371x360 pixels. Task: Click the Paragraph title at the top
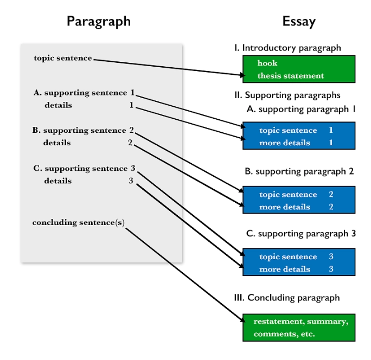pos(98,21)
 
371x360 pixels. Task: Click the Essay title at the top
pos(299,21)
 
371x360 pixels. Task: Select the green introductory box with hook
pos(298,69)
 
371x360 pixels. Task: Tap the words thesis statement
pos(290,76)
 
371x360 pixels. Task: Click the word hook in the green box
pos(267,63)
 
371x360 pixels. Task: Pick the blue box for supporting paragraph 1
pos(298,136)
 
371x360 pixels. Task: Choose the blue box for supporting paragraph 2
pos(298,200)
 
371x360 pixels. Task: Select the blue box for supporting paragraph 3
pos(298,262)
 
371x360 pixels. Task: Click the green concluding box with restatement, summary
pos(298,327)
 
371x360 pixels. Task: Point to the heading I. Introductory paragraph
pos(287,48)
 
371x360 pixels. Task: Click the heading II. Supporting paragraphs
pos(287,95)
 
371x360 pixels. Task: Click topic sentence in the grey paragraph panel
pos(62,58)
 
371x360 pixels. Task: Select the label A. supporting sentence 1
pos(84,93)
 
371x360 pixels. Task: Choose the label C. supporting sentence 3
pos(84,169)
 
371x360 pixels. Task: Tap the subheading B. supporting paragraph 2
pos(299,171)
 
